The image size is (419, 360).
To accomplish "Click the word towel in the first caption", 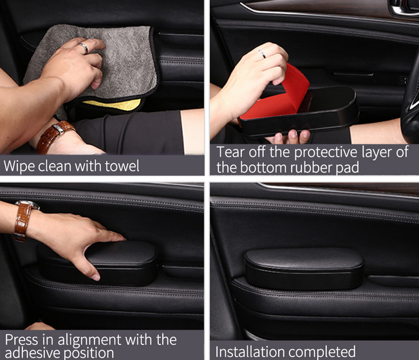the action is tap(122, 166).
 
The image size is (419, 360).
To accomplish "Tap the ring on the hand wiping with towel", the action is tap(84, 48).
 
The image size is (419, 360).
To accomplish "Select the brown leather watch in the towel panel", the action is tap(54, 136).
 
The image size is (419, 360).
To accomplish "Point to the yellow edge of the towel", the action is tap(112, 104).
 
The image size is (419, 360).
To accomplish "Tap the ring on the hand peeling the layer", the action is tap(262, 53).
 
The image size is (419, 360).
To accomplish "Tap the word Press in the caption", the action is tap(21, 339).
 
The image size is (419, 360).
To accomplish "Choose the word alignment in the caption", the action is tap(90, 340).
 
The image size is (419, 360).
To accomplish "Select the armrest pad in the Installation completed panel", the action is tap(304, 269).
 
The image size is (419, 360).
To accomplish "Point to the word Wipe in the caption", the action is tap(19, 166).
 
